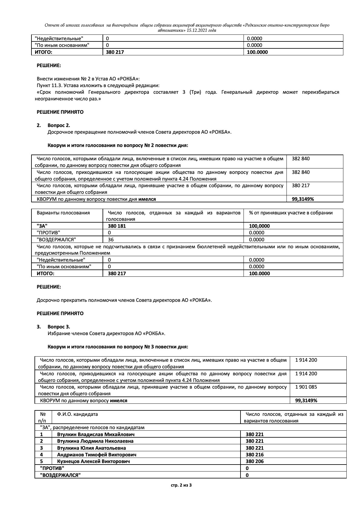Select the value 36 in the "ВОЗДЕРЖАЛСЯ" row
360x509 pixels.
click(x=111, y=240)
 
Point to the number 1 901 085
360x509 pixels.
click(x=306, y=387)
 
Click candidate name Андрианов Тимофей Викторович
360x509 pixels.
click(x=97, y=455)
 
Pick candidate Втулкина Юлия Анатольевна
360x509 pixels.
click(x=91, y=448)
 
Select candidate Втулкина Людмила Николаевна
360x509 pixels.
click(x=95, y=441)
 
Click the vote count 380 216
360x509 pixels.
click(x=255, y=455)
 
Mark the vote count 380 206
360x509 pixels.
click(x=255, y=461)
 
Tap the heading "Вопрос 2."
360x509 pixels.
click(x=59, y=125)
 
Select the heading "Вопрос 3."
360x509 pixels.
click(x=59, y=327)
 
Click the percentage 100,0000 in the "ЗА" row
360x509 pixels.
click(x=259, y=226)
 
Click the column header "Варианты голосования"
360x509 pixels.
click(x=63, y=213)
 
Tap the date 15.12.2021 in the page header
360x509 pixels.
click(x=197, y=30)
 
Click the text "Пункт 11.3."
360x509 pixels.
click(x=49, y=85)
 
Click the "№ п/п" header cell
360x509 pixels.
click(x=43, y=417)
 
